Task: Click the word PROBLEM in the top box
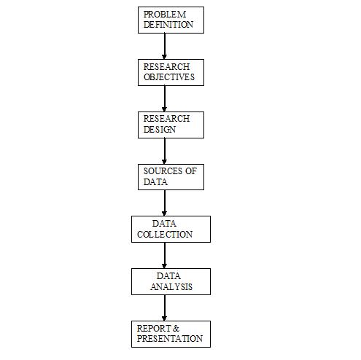(x=165, y=15)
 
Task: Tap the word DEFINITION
(x=168, y=25)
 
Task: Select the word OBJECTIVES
(x=169, y=77)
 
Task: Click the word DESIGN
(x=160, y=130)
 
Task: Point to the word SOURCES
(x=163, y=171)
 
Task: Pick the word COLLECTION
(x=165, y=235)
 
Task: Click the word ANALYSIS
(x=171, y=287)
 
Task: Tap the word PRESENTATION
(x=170, y=338)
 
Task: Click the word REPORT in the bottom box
(x=154, y=328)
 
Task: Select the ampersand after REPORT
(x=176, y=329)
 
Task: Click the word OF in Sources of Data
(x=191, y=171)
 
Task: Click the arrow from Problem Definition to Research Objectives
(x=165, y=46)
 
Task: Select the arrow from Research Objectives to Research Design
(x=165, y=98)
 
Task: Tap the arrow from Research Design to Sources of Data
(x=165, y=151)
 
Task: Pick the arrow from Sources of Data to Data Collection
(x=165, y=203)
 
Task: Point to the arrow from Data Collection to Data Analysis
(x=165, y=255)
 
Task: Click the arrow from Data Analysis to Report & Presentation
(x=165, y=308)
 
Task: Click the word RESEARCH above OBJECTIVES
(x=166, y=67)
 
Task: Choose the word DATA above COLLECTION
(x=164, y=224)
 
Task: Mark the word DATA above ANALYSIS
(x=168, y=276)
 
